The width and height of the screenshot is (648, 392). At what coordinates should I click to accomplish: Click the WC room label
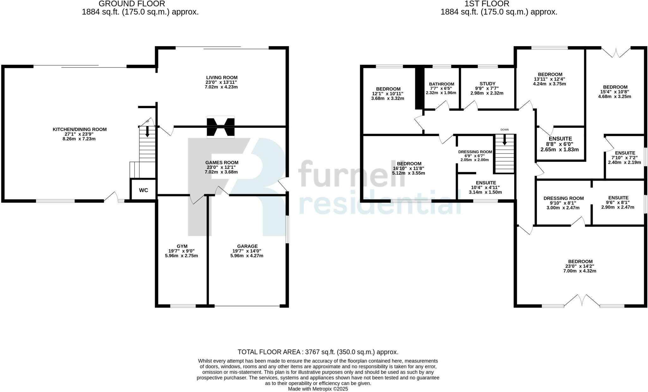tap(143, 190)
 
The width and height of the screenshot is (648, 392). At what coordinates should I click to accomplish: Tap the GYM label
tap(182, 246)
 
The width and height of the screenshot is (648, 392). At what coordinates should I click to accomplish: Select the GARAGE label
tap(247, 246)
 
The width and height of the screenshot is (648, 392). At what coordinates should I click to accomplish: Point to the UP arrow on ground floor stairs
tap(147, 131)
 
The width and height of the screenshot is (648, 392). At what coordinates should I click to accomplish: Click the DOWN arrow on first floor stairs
tap(504, 140)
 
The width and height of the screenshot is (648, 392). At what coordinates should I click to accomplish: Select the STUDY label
tap(487, 84)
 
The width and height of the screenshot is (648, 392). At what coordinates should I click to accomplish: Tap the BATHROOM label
tap(441, 84)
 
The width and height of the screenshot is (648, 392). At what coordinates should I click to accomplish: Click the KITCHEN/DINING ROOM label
tap(79, 129)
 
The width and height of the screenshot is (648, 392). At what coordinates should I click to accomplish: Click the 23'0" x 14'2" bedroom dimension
tap(580, 266)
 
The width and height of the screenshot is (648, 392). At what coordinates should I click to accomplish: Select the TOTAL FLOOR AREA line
tap(318, 352)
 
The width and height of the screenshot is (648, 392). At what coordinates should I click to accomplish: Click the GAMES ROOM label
tap(221, 163)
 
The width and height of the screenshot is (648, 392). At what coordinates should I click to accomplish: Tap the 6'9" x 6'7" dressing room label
tap(475, 156)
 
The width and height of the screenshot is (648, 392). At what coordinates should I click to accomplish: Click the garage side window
tap(287, 229)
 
